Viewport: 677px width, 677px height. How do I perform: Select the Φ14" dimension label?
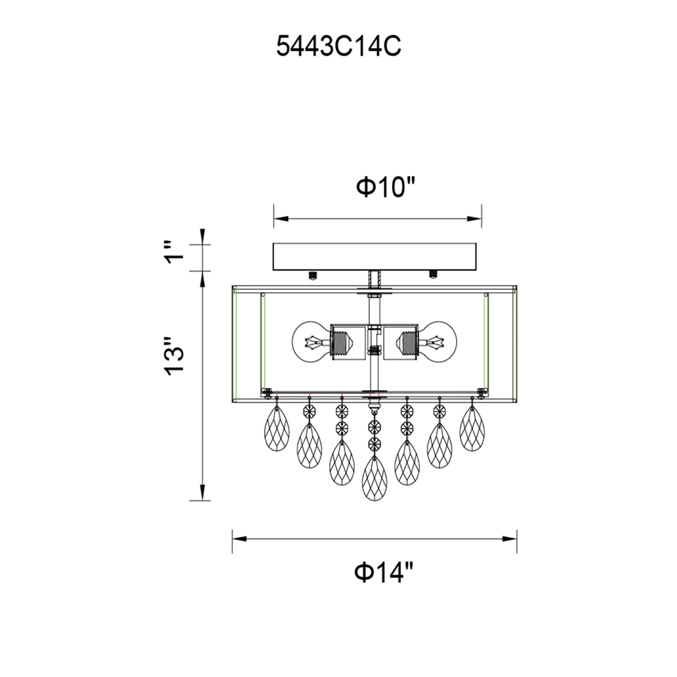[385, 571]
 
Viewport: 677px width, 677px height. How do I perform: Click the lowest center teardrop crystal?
[374, 478]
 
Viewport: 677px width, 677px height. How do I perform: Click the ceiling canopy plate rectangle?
[374, 257]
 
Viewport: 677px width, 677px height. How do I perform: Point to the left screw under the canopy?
[311, 275]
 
